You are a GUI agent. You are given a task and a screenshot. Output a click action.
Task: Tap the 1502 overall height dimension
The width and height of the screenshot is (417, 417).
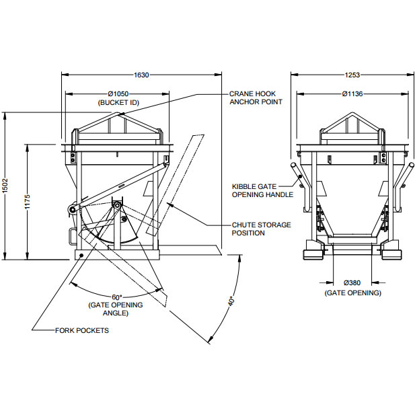coord(5,186)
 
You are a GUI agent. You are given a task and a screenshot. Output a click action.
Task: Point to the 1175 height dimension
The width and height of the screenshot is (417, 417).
coord(28,202)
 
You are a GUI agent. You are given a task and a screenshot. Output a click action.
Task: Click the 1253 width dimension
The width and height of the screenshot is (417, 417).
coord(352,75)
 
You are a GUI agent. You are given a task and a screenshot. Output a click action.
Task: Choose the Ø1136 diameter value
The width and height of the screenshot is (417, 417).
coord(352,94)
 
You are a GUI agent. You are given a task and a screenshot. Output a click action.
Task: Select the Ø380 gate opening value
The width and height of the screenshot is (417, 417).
coord(352,284)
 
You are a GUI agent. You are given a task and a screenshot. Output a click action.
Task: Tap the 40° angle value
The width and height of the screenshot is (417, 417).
coord(230,301)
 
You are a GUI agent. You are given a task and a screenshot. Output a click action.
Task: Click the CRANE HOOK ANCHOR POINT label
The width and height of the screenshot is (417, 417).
coord(256,98)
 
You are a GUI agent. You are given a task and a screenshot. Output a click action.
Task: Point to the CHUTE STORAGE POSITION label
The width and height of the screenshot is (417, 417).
coord(262,229)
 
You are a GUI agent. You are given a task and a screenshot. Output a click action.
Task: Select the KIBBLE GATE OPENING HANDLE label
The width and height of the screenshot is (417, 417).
coord(262,190)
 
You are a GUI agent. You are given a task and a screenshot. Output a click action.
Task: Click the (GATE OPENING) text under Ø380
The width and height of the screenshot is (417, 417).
coord(352,293)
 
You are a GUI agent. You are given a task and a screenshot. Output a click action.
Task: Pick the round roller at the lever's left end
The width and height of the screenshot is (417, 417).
coord(70,212)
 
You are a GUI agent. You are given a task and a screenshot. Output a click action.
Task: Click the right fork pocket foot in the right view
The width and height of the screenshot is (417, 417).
coord(391,254)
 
